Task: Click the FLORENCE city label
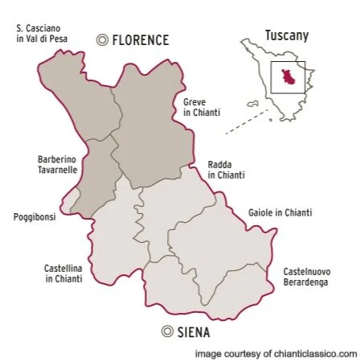pos(140,39)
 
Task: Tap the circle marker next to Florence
pos(101,39)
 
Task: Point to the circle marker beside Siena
pos(167,331)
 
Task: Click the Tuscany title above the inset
pos(286,35)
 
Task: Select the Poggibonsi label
pos(35,216)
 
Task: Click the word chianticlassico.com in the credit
pos(317,352)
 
